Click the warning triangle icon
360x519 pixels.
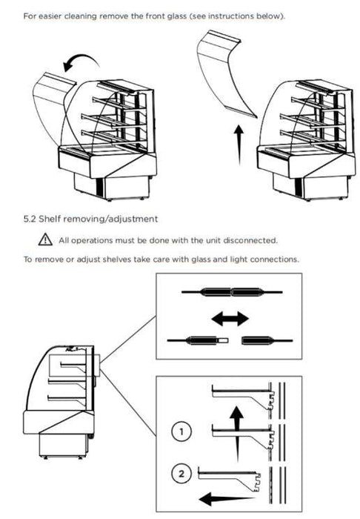tap(45, 239)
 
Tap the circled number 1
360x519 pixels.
tap(181, 432)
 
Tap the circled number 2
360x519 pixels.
tap(181, 474)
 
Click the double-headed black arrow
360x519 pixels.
tap(230, 319)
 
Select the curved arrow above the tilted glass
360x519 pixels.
tap(83, 57)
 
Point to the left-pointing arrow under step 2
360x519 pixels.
tap(227, 498)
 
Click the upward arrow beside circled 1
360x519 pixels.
tap(237, 434)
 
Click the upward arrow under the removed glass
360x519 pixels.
tap(239, 145)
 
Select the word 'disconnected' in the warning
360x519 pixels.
tap(250, 240)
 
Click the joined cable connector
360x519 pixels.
tap(231, 292)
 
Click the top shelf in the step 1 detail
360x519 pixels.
tap(243, 397)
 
